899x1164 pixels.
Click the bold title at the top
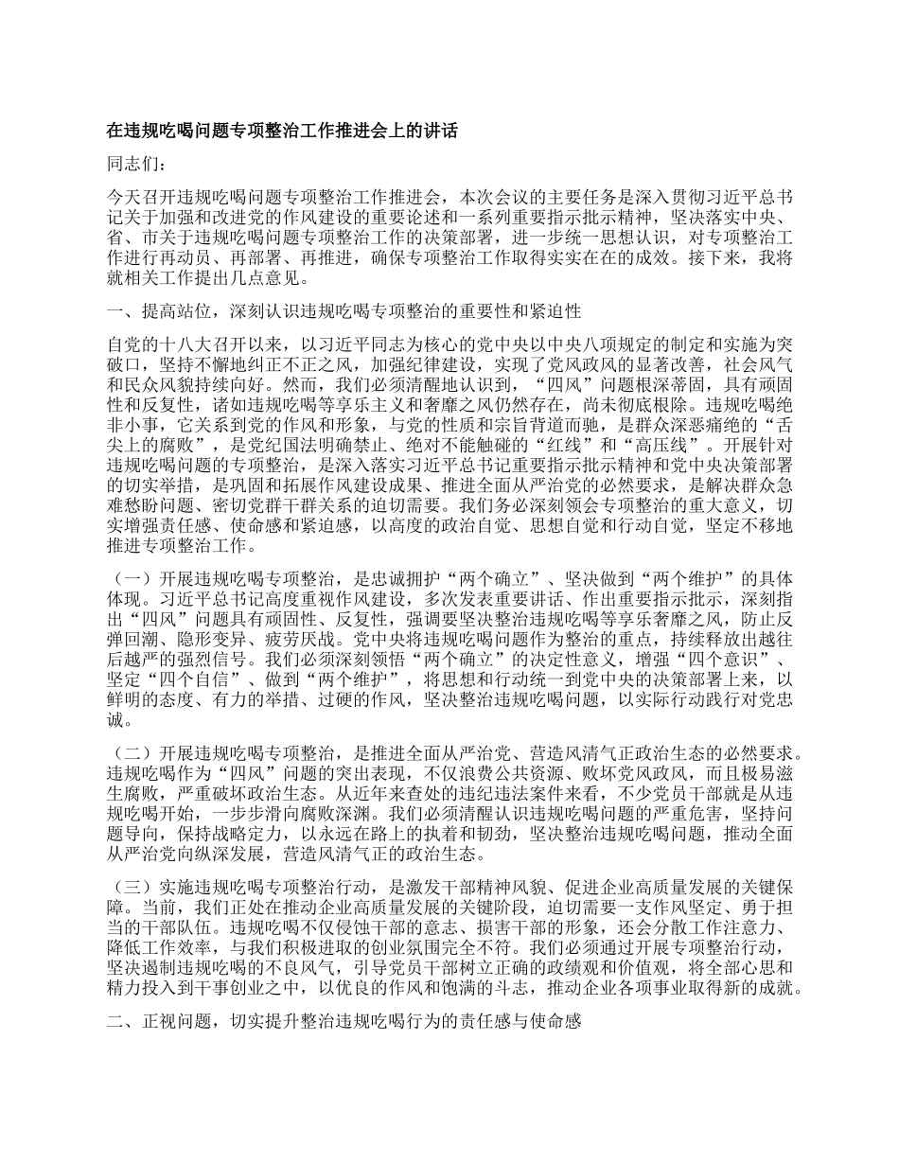tap(282, 131)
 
